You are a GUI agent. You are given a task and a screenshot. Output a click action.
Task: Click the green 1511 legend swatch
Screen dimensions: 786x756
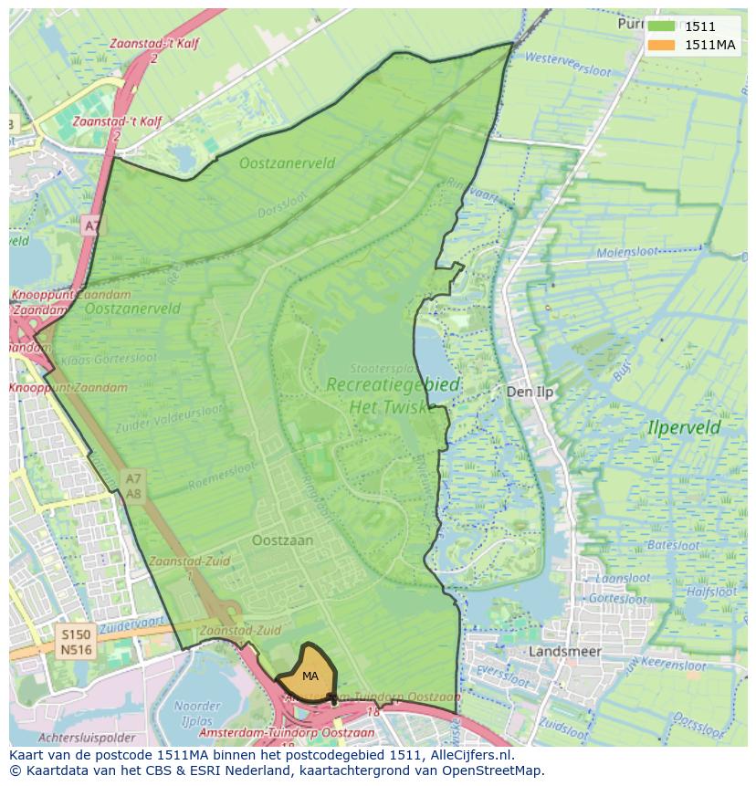(662, 27)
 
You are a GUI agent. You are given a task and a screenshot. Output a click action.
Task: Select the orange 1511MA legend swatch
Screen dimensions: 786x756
(662, 46)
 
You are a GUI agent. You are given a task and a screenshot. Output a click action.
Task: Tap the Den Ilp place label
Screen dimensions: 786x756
(530, 392)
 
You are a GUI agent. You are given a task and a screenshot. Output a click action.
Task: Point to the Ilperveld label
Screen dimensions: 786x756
(683, 427)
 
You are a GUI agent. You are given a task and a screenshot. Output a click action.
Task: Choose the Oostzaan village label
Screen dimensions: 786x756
(282, 540)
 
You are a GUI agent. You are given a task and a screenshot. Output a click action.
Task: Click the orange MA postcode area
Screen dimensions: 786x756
(309, 674)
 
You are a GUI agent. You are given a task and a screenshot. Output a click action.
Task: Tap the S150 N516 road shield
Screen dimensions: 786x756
(76, 641)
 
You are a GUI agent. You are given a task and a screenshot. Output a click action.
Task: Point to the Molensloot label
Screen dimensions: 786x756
(627, 253)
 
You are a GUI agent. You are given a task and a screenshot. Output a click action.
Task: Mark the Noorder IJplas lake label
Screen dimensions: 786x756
(196, 713)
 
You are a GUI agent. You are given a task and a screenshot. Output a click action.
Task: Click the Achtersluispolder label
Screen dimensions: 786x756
(87, 738)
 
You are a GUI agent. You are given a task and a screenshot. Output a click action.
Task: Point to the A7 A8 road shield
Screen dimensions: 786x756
(133, 486)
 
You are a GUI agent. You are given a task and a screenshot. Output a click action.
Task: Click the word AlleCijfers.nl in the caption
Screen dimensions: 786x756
(469, 756)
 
